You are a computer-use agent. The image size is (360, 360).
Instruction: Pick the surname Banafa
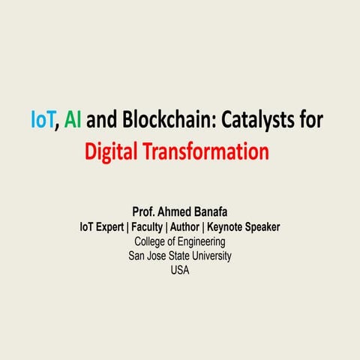(214, 213)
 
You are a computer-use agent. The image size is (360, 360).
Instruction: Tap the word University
(209, 256)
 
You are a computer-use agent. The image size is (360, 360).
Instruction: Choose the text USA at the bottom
(180, 270)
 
